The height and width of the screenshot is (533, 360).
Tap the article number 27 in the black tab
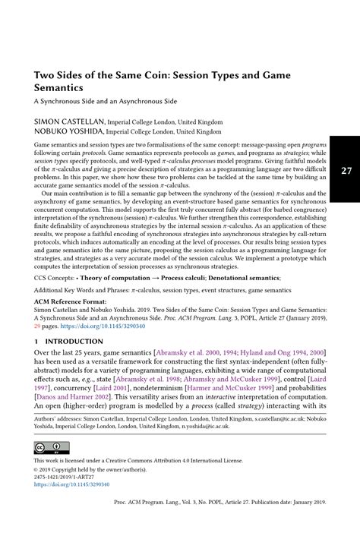tap(346, 172)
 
